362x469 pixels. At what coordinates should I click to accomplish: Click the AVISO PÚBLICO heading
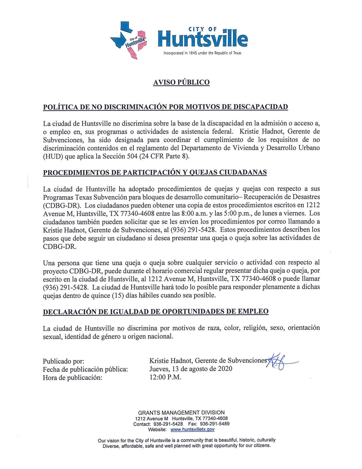click(181, 82)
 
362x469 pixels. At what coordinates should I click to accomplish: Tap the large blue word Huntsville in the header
click(202, 40)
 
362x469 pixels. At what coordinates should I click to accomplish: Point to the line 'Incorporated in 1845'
click(202, 53)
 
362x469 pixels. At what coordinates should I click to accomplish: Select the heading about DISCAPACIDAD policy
click(165, 107)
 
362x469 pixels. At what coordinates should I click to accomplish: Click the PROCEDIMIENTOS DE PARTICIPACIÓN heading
click(155, 173)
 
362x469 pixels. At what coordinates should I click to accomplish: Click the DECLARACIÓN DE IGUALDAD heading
click(156, 311)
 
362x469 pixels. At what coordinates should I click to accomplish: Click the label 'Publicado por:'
click(63, 361)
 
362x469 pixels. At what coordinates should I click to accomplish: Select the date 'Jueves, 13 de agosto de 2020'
click(191, 369)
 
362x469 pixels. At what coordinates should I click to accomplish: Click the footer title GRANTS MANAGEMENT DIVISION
click(181, 412)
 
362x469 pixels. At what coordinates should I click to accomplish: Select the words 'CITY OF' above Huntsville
click(202, 29)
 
